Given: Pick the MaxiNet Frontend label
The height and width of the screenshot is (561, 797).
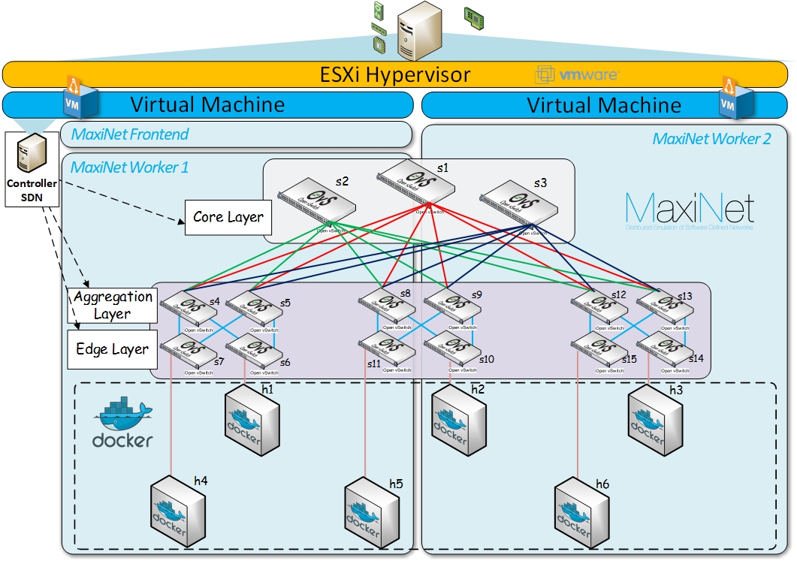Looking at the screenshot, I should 130,134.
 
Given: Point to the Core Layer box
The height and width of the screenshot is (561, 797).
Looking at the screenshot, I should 228,217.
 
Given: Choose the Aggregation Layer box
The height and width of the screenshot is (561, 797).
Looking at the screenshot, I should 113,305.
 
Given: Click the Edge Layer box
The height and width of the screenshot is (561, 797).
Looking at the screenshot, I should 113,349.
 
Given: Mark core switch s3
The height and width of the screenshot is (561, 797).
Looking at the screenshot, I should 515,201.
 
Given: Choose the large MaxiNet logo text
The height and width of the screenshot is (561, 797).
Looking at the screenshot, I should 689,208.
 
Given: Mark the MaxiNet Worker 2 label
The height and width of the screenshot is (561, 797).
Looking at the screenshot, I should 711,139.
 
